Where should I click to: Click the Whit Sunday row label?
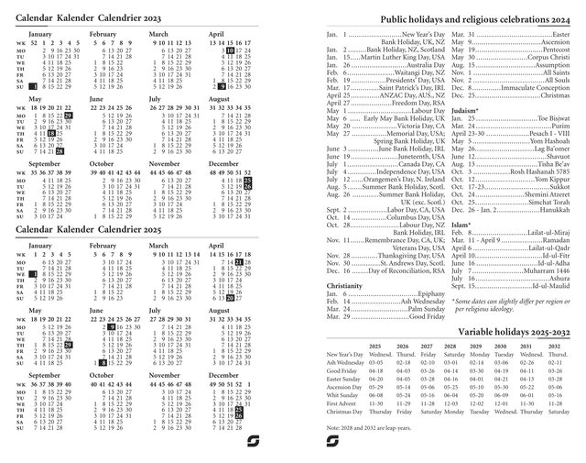click(x=343, y=394)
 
